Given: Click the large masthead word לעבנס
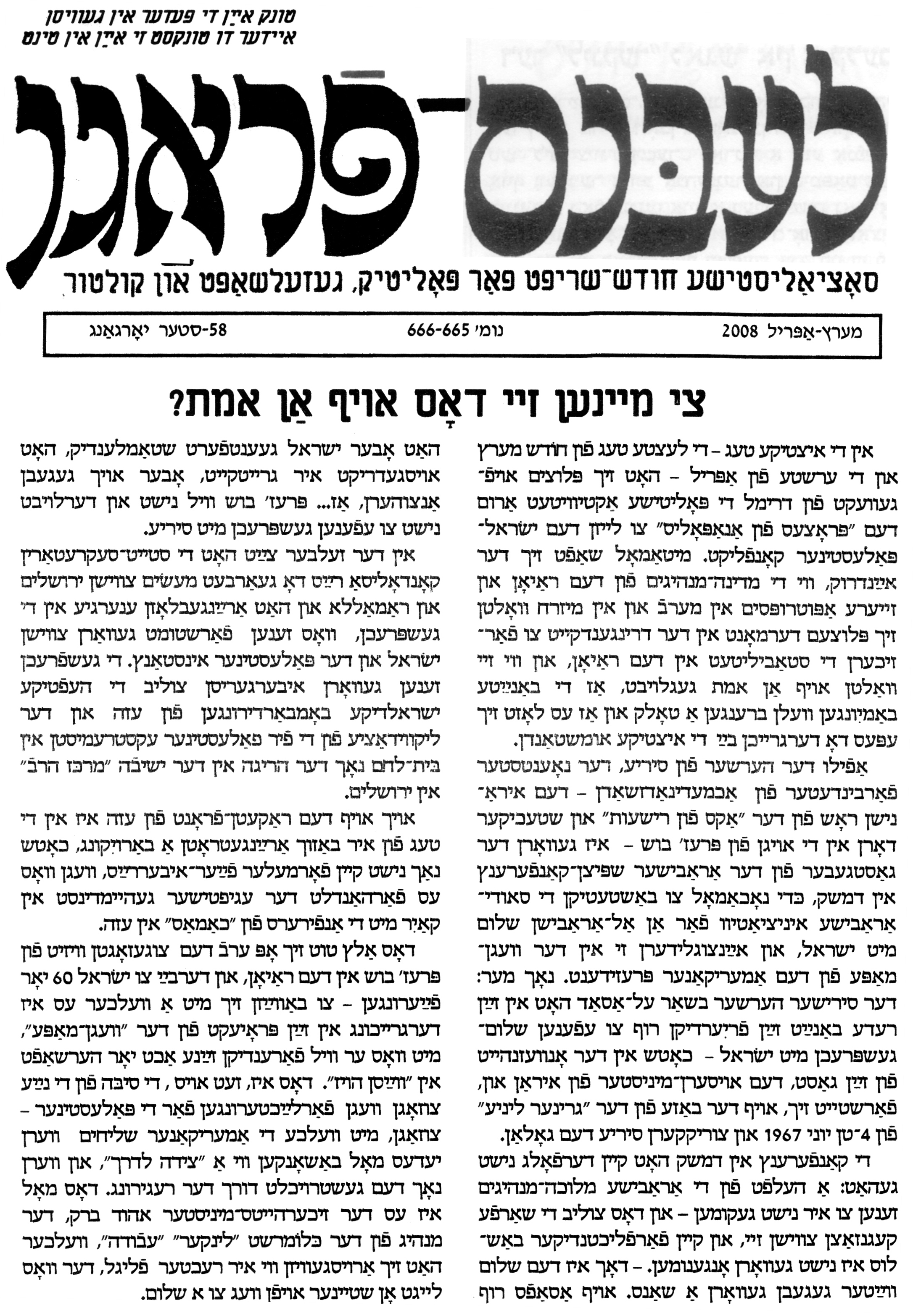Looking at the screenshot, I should (681, 171).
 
